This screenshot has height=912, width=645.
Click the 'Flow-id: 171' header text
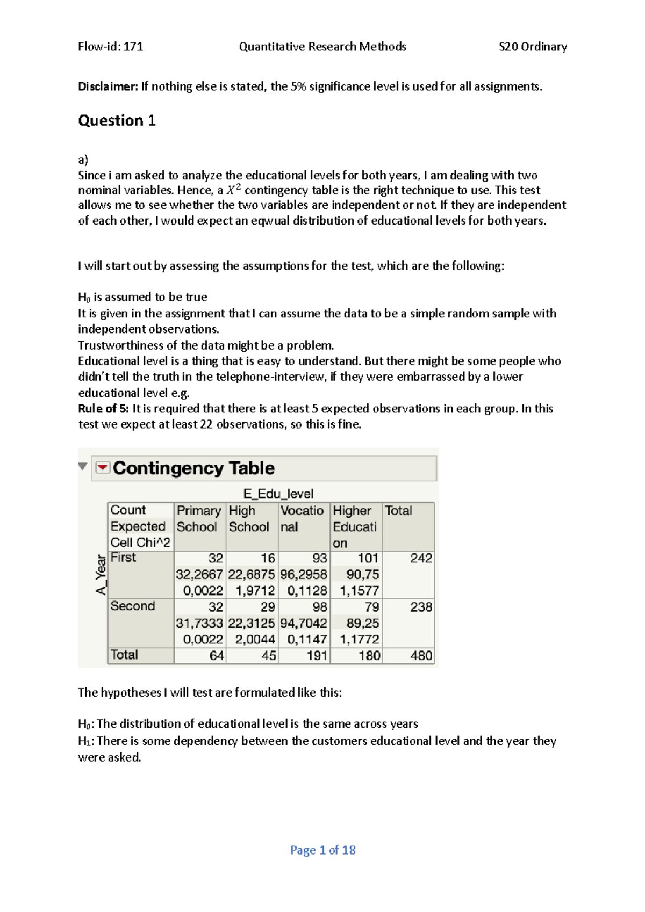point(110,47)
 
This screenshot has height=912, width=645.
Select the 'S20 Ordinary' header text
point(533,47)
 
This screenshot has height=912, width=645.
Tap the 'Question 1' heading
point(117,120)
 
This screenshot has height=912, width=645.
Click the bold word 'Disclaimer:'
point(108,86)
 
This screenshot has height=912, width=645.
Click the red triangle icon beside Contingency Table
point(103,468)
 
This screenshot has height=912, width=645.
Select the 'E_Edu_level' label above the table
point(278,494)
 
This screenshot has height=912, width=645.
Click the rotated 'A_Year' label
point(101,575)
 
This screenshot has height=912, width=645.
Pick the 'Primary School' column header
point(198,519)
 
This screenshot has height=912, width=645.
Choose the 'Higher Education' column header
point(354,526)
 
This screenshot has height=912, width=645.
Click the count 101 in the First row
point(368,559)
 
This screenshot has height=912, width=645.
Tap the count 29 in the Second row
point(268,607)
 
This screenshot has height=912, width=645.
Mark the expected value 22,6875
point(251,575)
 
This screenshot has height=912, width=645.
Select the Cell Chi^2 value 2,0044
point(255,640)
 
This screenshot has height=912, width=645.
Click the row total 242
point(420,559)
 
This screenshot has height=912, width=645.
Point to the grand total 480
point(420,656)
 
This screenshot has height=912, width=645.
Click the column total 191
point(317,656)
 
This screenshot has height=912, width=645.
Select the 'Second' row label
point(132,606)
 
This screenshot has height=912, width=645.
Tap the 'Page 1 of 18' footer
point(322,850)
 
